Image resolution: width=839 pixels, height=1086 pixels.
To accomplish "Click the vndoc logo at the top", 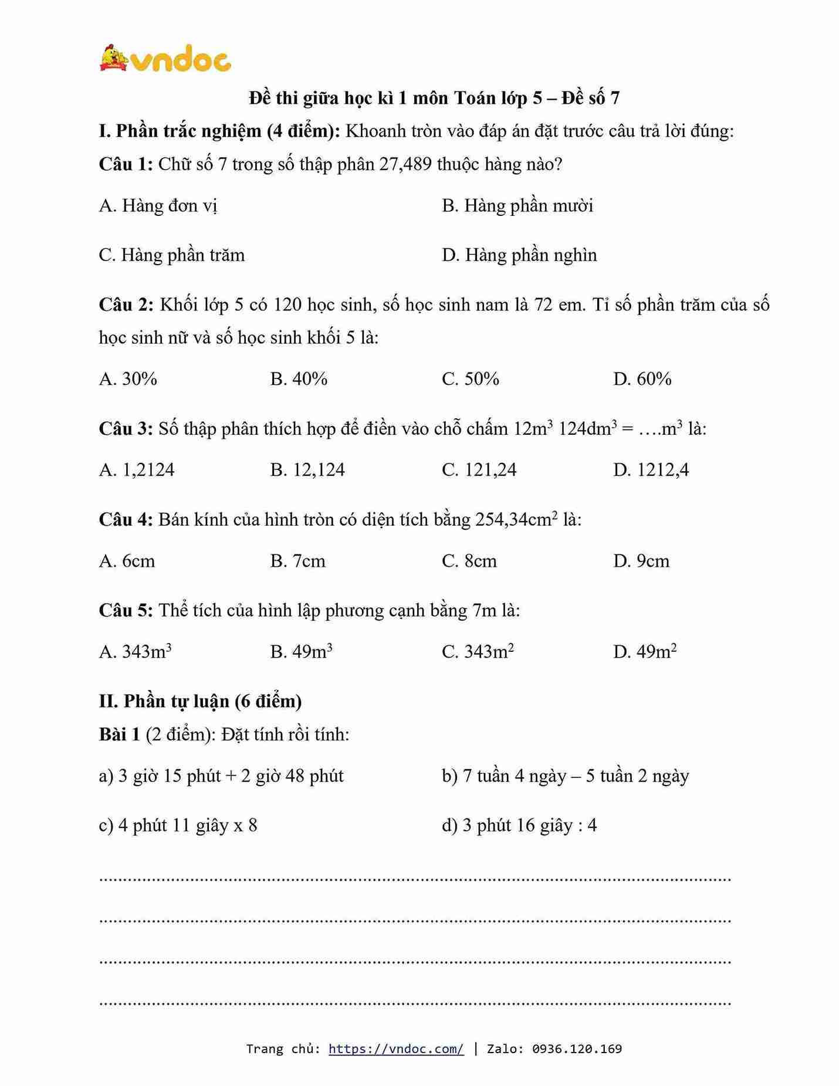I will click(x=165, y=59).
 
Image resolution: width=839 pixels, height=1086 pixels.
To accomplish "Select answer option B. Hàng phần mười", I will click(x=517, y=206).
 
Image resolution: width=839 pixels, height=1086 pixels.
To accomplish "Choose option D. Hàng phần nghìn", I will click(x=519, y=255).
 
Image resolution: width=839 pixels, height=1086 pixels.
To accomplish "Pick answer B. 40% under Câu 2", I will click(x=299, y=379).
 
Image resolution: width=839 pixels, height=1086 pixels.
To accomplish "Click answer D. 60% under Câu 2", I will click(x=642, y=379).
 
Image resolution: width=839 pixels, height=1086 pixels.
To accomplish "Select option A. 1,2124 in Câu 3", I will click(x=137, y=470).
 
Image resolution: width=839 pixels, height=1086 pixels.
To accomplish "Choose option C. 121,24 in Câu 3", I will click(x=479, y=470).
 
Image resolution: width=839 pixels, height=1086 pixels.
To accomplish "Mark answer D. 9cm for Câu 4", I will click(x=641, y=561).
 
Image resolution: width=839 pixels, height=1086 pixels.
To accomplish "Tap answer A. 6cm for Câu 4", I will click(x=127, y=561).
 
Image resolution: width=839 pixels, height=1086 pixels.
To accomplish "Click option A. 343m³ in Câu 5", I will click(x=135, y=652).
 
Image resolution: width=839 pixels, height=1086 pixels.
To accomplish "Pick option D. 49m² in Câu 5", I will click(x=644, y=652).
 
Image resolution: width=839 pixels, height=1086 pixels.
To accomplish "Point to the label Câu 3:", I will click(x=126, y=429).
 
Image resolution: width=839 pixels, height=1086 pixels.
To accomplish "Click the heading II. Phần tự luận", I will click(x=200, y=702).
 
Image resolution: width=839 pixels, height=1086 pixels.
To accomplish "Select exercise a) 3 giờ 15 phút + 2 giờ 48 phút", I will click(x=221, y=776).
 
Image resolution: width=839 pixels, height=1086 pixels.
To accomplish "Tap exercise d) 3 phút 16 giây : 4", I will click(x=519, y=826).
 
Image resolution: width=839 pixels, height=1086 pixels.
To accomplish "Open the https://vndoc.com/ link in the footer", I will click(x=396, y=1049).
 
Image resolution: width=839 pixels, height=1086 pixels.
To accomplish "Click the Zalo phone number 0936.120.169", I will click(x=577, y=1049).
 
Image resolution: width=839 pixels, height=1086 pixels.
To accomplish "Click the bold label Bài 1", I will click(x=119, y=735).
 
